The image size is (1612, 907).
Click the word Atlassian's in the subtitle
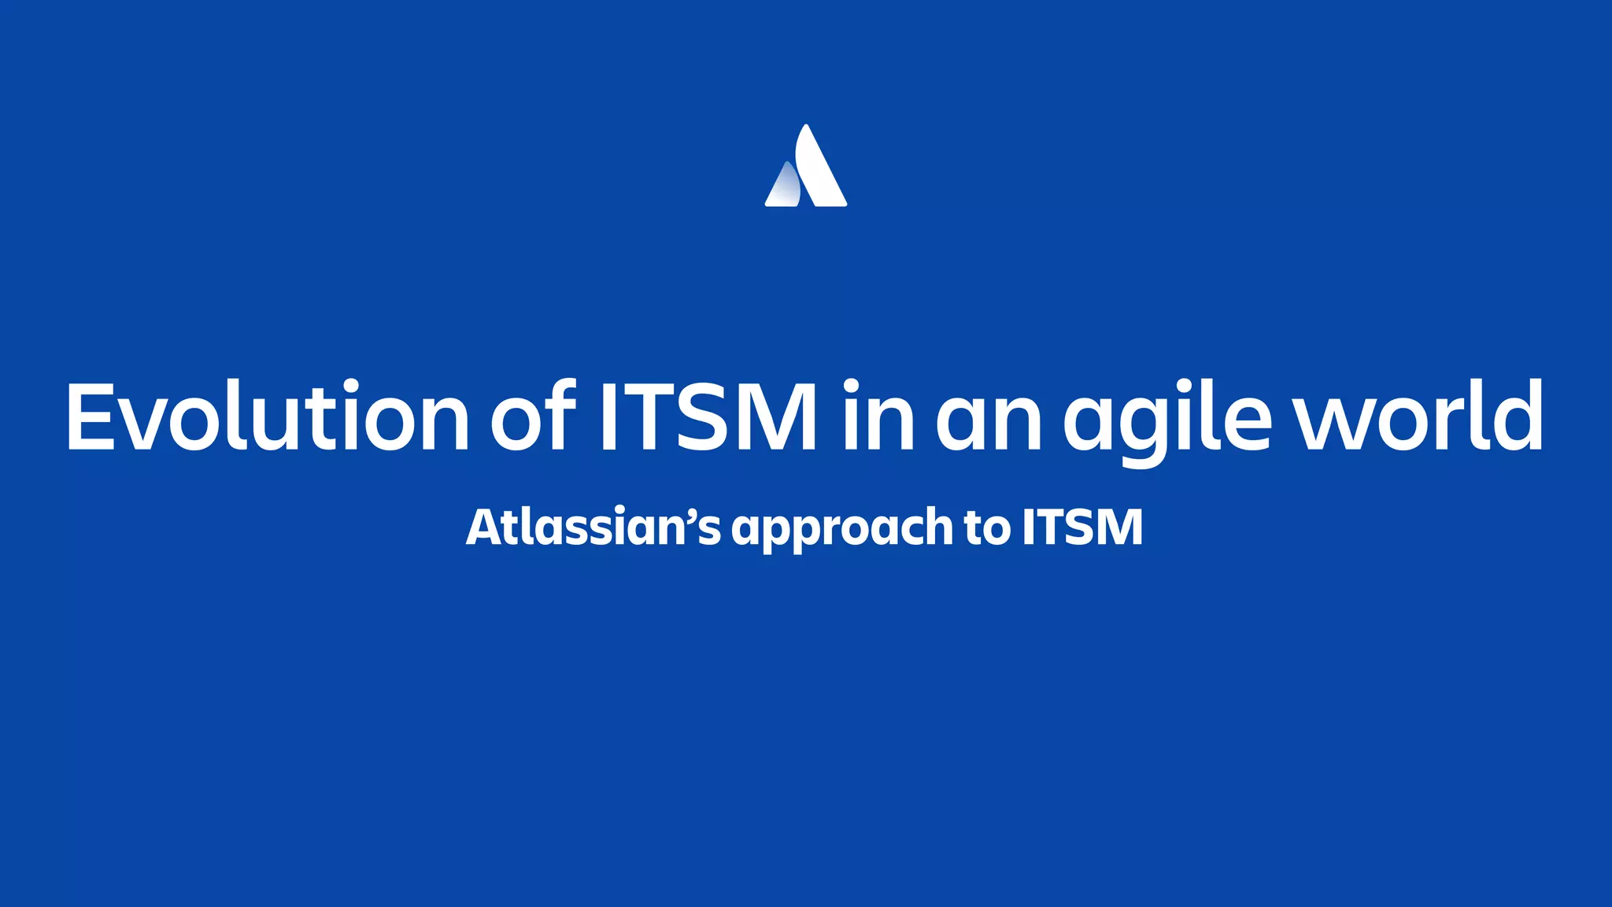point(593,527)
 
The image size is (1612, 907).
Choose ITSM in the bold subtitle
point(1082,527)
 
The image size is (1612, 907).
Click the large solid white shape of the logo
point(819,169)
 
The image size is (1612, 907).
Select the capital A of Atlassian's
point(483,527)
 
